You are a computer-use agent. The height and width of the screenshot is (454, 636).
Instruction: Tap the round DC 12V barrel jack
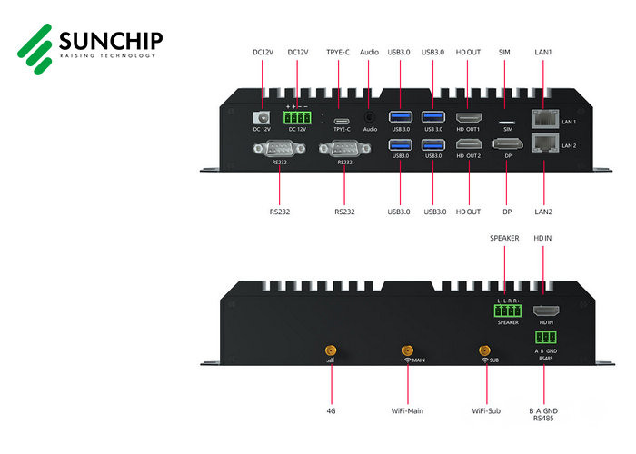[262, 117]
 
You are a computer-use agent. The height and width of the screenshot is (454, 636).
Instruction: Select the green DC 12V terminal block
[296, 117]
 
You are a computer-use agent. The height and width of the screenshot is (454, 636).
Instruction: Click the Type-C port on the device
[342, 119]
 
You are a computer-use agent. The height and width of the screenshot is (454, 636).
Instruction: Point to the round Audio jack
[370, 117]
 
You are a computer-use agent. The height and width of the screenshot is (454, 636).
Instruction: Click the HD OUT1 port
[469, 117]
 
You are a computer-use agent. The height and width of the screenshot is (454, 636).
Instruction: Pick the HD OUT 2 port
[469, 143]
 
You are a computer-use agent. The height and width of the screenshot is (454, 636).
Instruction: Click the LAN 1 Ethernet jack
[544, 118]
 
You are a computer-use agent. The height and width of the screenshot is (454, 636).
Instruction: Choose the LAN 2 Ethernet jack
[544, 143]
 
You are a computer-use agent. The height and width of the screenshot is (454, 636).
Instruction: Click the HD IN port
[545, 311]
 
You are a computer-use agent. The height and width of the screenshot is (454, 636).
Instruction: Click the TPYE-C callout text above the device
[338, 54]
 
